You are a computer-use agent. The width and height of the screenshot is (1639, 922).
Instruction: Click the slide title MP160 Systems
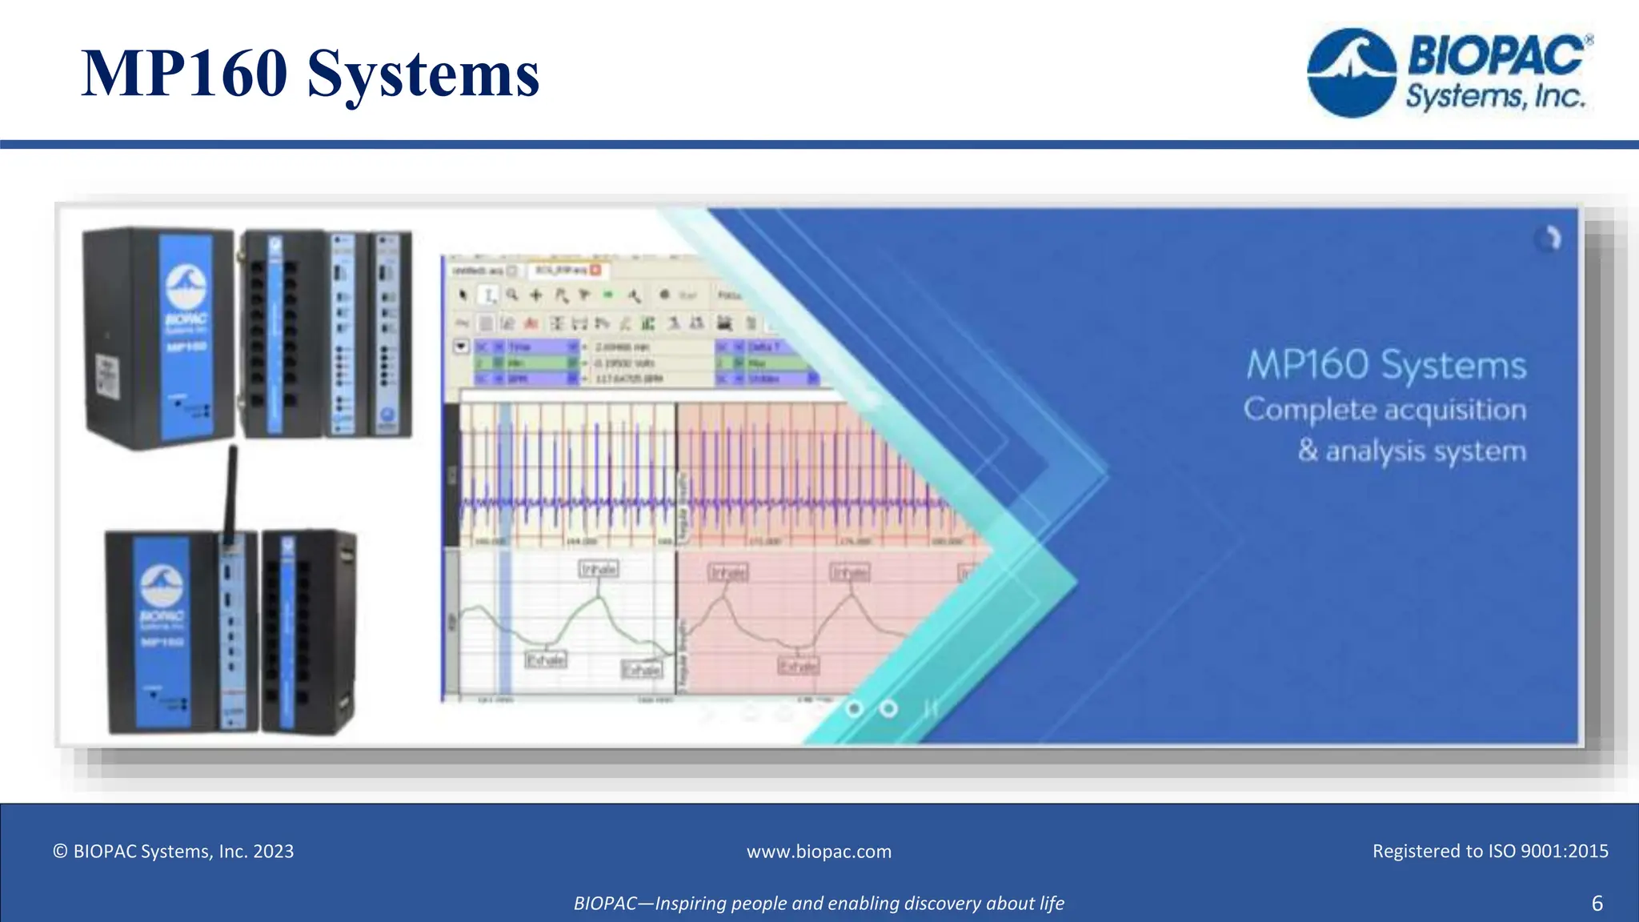tap(311, 73)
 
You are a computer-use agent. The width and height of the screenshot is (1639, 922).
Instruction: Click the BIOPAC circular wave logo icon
tap(1352, 74)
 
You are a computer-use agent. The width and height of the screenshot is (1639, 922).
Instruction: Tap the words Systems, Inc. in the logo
tap(1495, 97)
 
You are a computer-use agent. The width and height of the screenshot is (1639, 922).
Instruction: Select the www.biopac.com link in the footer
tap(819, 852)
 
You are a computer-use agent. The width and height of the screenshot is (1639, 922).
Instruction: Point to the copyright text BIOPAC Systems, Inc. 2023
tap(174, 852)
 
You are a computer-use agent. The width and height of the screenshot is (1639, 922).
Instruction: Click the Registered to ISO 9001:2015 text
tap(1489, 852)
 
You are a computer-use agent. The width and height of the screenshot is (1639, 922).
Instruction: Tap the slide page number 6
tap(1597, 904)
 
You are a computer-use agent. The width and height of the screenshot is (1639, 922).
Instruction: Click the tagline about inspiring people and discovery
tap(819, 904)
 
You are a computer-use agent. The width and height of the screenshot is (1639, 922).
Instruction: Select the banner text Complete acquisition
tap(1385, 410)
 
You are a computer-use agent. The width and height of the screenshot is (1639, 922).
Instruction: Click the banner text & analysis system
tap(1412, 451)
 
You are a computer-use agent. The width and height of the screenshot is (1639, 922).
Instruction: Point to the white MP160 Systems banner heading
tap(1386, 365)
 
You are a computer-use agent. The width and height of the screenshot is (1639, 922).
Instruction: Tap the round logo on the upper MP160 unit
tap(186, 286)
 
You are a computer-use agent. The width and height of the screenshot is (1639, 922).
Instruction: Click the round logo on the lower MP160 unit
tap(162, 585)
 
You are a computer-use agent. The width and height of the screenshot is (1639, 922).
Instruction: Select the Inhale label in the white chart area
tap(599, 569)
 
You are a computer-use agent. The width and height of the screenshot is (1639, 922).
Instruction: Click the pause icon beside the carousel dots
tap(930, 709)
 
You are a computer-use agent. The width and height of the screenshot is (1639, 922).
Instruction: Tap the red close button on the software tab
tap(595, 270)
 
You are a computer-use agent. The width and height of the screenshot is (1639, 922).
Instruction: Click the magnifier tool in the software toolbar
tap(512, 295)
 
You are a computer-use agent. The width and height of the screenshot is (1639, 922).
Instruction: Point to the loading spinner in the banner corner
tap(1549, 239)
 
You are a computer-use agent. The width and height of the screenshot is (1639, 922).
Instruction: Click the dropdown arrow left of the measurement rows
tap(461, 347)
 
